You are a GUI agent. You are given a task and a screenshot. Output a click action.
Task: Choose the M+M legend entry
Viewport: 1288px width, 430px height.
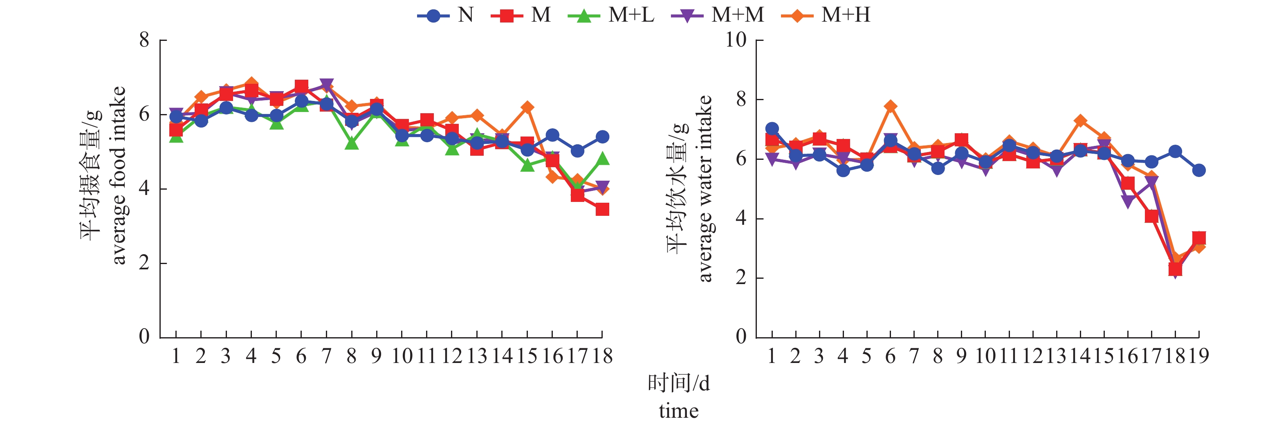click(x=718, y=16)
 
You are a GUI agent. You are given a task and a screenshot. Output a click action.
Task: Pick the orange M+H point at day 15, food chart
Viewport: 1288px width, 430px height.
click(x=527, y=107)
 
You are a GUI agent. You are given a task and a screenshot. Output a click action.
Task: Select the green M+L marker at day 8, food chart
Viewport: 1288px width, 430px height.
click(x=352, y=143)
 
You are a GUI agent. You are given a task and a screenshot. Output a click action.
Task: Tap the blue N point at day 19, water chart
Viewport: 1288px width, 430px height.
click(x=1198, y=170)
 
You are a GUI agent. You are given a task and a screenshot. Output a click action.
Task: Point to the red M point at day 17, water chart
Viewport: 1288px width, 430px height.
click(x=1151, y=216)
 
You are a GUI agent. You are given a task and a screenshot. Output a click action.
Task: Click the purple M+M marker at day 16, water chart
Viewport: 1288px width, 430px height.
click(x=1127, y=202)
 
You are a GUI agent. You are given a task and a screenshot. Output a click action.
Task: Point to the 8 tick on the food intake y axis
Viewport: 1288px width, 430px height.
click(x=144, y=40)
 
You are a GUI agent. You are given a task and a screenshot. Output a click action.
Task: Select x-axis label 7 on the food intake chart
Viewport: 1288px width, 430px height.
click(x=326, y=356)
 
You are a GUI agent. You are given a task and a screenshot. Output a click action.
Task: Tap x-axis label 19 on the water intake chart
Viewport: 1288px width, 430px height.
click(x=1198, y=356)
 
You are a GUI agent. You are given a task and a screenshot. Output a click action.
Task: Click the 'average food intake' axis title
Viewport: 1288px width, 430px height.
click(x=119, y=175)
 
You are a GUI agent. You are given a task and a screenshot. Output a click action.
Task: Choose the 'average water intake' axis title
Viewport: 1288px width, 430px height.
click(x=705, y=188)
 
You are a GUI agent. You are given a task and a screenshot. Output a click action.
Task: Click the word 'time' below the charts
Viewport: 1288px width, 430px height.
click(x=678, y=411)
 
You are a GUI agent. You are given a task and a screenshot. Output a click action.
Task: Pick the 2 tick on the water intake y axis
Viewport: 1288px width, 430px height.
click(x=741, y=278)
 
